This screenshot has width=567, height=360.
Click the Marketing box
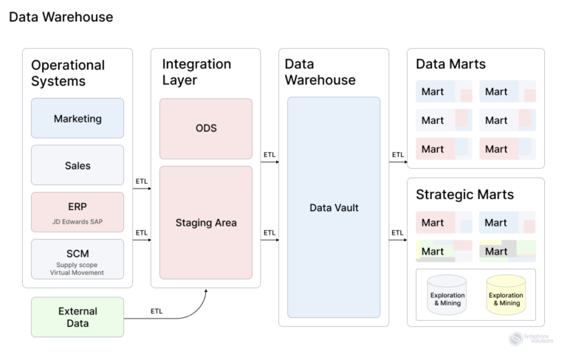pyautogui.click(x=78, y=118)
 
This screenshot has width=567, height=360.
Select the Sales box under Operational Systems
pyautogui.click(x=78, y=165)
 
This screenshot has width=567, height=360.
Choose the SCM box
pyautogui.click(x=78, y=258)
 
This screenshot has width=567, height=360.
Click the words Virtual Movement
pyautogui.click(x=78, y=273)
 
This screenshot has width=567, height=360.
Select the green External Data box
pyautogui.click(x=78, y=316)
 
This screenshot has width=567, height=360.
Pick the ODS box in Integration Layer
pyautogui.click(x=206, y=128)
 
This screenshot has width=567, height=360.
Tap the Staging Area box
pyautogui.click(x=206, y=222)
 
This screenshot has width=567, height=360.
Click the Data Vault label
pyautogui.click(x=333, y=208)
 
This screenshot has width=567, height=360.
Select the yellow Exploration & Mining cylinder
pyautogui.click(x=506, y=296)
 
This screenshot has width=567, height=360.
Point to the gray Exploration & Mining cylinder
pyautogui.click(x=447, y=296)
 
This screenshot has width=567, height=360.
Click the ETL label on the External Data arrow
pyautogui.click(x=157, y=311)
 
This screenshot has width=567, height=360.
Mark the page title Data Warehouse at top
pyautogui.click(x=61, y=16)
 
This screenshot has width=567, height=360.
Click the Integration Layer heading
pyautogui.click(x=197, y=72)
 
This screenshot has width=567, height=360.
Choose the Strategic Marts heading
pyautogui.click(x=464, y=195)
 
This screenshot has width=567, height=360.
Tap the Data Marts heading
pyautogui.click(x=450, y=64)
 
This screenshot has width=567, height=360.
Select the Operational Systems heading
pyautogui.click(x=68, y=73)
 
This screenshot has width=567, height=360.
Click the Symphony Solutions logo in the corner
pyautogui.click(x=526, y=339)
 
